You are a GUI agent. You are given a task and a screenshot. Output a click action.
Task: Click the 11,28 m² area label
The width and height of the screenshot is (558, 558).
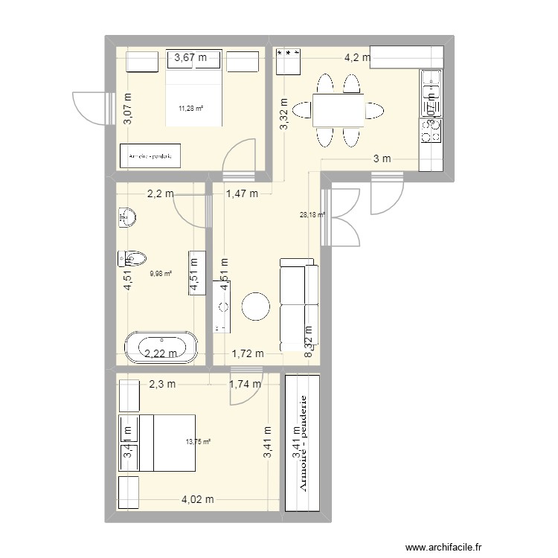pyautogui.click(x=190, y=109)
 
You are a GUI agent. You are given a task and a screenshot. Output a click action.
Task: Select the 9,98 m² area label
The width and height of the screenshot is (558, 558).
pyautogui.click(x=160, y=273)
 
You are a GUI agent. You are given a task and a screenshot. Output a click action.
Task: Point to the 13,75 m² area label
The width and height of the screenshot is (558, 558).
pyautogui.click(x=198, y=441)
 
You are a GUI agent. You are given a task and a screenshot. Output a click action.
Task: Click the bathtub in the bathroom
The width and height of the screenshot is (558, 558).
pyautogui.click(x=161, y=347)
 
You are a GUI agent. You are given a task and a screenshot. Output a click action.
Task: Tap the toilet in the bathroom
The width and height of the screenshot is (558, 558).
pyautogui.click(x=132, y=258)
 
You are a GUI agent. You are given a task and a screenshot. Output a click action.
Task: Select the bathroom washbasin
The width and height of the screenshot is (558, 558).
pyautogui.click(x=127, y=217)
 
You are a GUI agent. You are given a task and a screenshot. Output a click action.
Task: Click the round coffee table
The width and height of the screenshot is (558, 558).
pyautogui.click(x=256, y=307)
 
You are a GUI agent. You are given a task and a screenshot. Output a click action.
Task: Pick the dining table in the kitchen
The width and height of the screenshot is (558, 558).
pyautogui.click(x=338, y=111)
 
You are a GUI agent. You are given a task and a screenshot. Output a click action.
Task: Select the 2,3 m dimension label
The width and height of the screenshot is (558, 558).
pyautogui.click(x=161, y=384)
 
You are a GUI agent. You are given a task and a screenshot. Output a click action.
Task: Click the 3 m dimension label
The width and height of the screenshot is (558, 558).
pyautogui.click(x=382, y=158)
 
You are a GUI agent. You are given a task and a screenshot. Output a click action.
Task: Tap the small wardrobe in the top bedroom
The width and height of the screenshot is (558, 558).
pyautogui.click(x=151, y=156)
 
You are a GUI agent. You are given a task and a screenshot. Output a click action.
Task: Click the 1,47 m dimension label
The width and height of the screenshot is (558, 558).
pyautogui.click(x=241, y=194)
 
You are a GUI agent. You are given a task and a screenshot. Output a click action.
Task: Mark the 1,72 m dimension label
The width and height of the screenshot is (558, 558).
pyautogui.click(x=248, y=353)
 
